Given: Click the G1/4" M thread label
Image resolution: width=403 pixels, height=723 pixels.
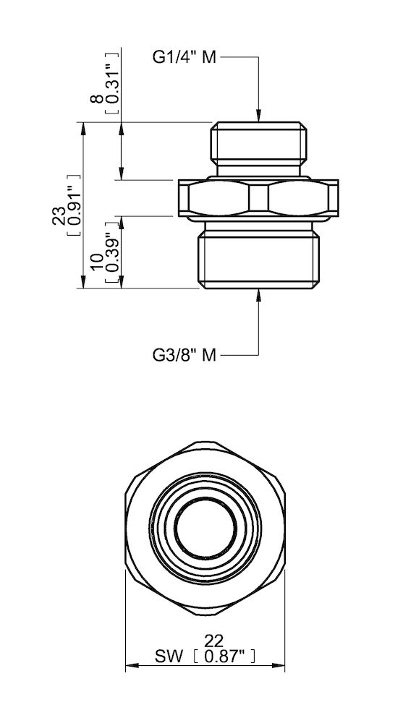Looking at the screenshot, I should point(184,59).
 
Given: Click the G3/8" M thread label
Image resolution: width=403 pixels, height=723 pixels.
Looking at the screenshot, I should point(184,354).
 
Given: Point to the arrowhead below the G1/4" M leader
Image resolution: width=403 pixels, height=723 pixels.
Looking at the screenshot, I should point(258,116).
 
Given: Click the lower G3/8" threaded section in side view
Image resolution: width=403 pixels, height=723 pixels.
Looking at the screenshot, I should point(258,257).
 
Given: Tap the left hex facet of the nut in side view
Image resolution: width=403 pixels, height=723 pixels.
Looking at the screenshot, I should point(219,197).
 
